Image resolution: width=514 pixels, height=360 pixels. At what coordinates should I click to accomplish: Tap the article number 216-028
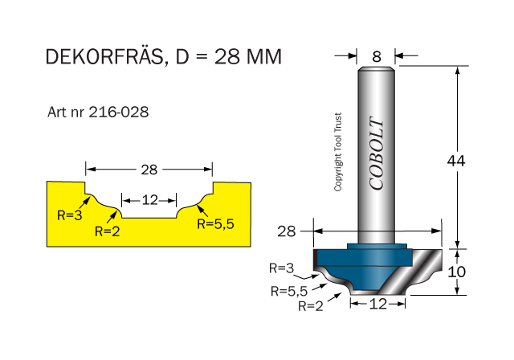pyautogui.click(x=117, y=112)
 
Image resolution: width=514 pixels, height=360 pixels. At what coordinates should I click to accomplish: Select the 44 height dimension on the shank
pyautogui.click(x=457, y=160)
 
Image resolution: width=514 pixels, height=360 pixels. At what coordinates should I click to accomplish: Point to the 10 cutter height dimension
pyautogui.click(x=456, y=271)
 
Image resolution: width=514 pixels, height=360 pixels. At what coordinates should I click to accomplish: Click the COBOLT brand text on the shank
pyautogui.click(x=377, y=153)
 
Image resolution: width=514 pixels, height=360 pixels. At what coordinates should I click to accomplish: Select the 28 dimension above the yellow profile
pyautogui.click(x=149, y=170)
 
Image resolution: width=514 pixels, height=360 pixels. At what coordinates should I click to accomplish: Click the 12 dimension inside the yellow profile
pyautogui.click(x=149, y=199)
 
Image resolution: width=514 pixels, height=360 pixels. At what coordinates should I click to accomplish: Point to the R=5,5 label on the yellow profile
pyautogui.click(x=216, y=225)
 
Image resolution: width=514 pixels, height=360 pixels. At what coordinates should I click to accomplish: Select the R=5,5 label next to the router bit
pyautogui.click(x=290, y=291)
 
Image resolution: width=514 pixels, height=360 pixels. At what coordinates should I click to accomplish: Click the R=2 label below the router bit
pyautogui.click(x=312, y=305)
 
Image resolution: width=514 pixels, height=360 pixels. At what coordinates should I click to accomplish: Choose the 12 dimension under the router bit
pyautogui.click(x=378, y=304)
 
